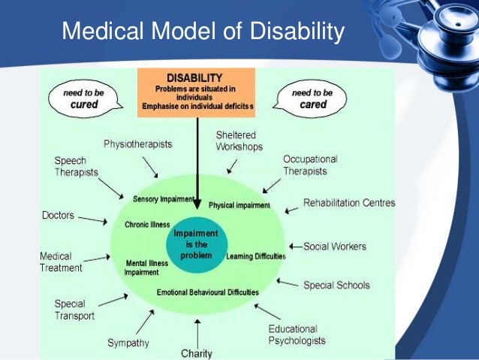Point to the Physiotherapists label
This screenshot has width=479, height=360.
(x=137, y=144)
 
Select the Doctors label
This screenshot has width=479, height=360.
(x=58, y=216)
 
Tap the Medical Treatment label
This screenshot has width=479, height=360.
(x=62, y=262)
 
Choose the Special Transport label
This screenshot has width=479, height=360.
(x=74, y=310)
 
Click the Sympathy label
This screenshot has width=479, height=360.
(x=128, y=343)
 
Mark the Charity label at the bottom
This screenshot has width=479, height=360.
(x=197, y=353)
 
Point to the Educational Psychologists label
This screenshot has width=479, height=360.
(x=297, y=335)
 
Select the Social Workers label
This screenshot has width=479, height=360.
(x=336, y=246)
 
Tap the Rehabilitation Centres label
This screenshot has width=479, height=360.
(x=349, y=203)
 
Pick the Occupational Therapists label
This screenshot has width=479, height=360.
(x=310, y=165)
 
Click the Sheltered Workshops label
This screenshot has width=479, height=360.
(x=239, y=141)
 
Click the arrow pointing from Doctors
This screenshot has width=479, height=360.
(x=93, y=220)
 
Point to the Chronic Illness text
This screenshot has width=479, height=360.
(x=147, y=224)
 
